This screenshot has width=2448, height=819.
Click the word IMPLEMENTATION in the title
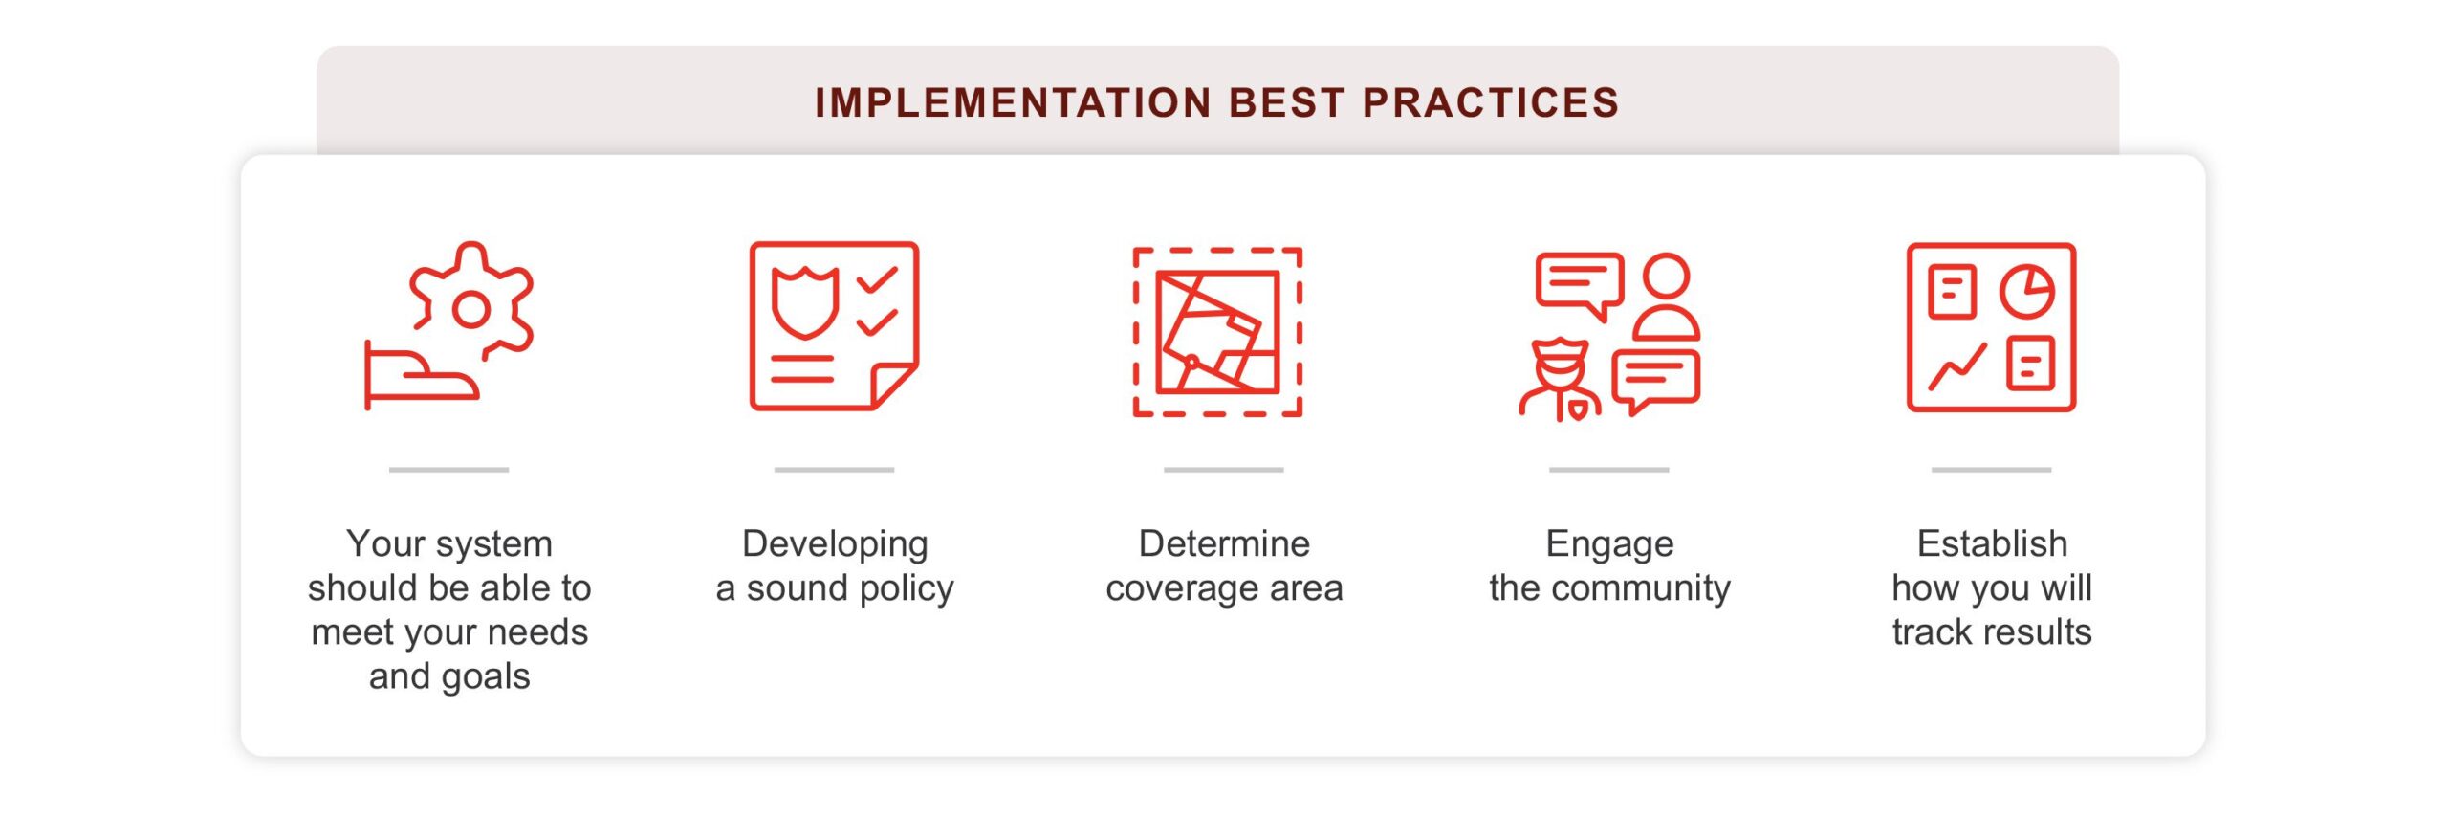point(1014,102)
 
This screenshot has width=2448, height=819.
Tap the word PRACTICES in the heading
point(1491,102)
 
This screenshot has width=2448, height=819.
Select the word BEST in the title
point(1287,102)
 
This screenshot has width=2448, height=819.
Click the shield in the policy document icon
point(805,303)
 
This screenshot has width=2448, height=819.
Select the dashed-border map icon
point(1217,332)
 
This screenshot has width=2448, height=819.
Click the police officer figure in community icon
point(1559,381)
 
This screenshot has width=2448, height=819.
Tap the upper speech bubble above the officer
point(1580,284)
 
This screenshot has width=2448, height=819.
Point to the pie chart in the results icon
point(2026,291)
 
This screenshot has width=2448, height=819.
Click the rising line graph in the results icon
point(1957,366)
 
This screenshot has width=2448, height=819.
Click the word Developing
point(835,543)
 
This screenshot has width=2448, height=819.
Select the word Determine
point(1224,543)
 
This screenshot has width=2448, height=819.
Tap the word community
point(1641,587)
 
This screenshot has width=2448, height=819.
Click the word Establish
point(1992,543)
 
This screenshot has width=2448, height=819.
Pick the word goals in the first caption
point(486,676)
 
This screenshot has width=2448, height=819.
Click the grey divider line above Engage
point(1608,470)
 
